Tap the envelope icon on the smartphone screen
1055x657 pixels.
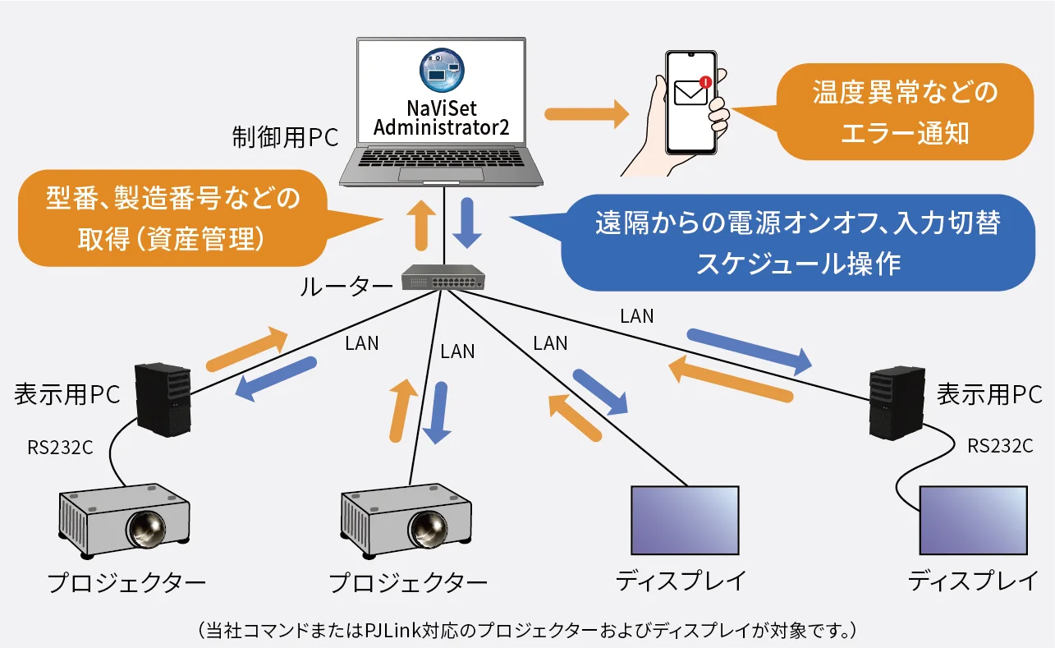[x=690, y=92]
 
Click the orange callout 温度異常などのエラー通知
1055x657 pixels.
[x=904, y=112]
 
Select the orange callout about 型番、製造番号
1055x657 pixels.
[x=172, y=218]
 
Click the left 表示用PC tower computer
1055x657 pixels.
[x=163, y=399]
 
